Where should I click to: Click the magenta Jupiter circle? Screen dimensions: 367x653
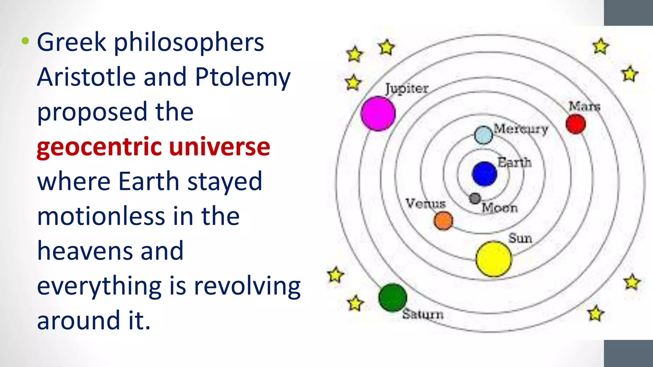point(378,113)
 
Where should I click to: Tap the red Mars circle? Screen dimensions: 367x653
point(576,124)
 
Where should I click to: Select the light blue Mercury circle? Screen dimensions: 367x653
point(483,135)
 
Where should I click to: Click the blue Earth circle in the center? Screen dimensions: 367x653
point(484,174)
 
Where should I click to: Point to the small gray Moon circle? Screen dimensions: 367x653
point(475,198)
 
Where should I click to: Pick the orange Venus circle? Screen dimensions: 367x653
point(443,220)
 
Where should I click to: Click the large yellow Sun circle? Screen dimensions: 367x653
point(494,259)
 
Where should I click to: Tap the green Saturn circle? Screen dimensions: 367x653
point(393,297)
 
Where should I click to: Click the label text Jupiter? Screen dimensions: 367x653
point(407,88)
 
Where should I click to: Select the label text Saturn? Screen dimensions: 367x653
point(423,314)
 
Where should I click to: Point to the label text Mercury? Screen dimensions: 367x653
point(521,129)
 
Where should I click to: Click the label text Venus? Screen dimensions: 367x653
point(425,203)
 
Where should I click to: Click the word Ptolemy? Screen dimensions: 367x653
point(243,77)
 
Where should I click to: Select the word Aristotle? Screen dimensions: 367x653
point(86,77)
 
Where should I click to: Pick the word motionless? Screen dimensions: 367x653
point(101,216)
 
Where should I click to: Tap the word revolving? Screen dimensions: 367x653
point(247,286)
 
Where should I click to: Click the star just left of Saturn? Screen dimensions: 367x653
point(355,303)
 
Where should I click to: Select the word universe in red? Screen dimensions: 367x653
point(219,147)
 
